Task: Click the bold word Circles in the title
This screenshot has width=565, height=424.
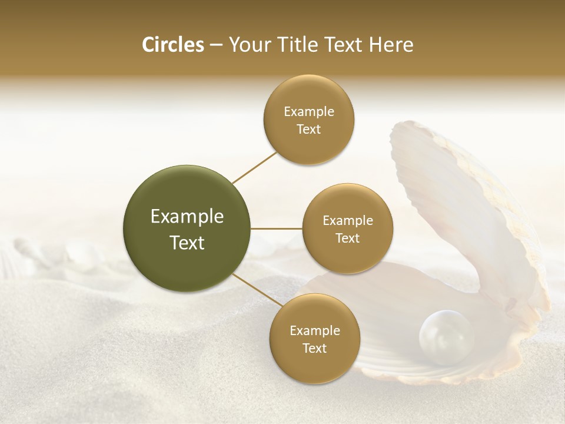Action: (x=173, y=45)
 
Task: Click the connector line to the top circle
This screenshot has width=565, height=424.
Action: (x=254, y=167)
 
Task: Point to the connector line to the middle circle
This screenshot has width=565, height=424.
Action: (x=277, y=228)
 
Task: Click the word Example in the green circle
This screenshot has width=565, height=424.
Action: (x=187, y=217)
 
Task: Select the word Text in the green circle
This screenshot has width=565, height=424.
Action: (x=187, y=243)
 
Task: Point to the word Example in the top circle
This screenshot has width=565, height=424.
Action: (x=309, y=111)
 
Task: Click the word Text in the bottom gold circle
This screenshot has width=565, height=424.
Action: (x=314, y=348)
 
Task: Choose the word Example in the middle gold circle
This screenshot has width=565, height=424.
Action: (x=348, y=220)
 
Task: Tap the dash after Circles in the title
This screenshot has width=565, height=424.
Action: (x=215, y=45)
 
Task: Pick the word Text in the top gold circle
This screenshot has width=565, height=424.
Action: (x=309, y=129)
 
